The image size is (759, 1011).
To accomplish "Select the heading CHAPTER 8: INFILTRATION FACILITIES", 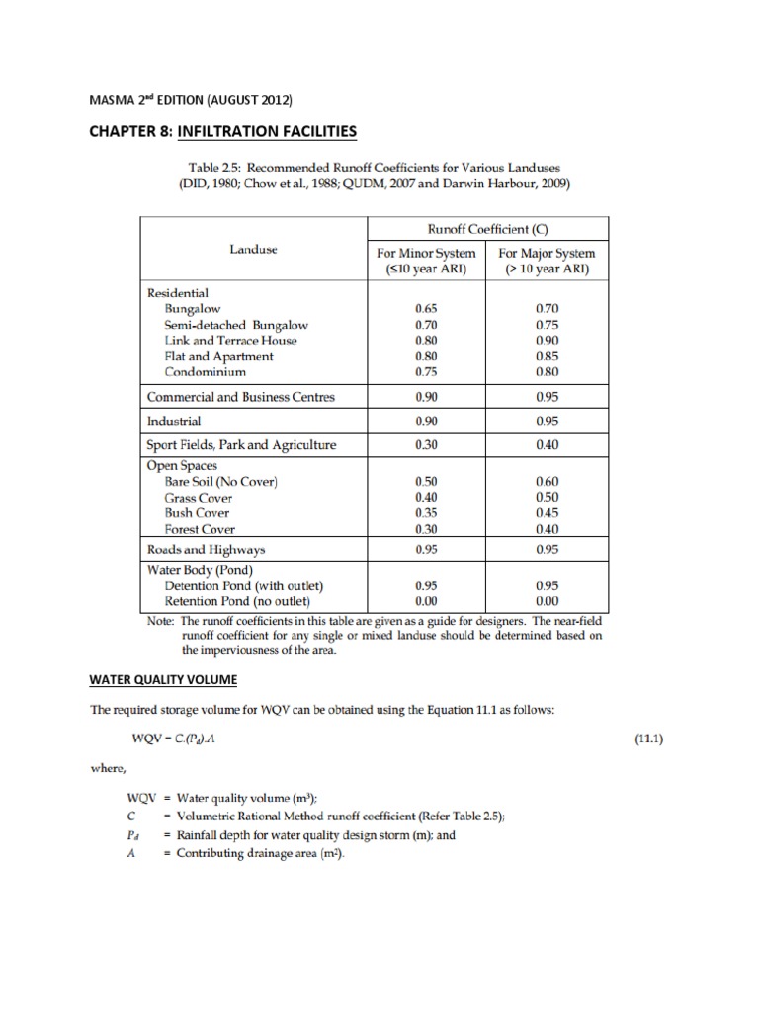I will pos(223,130).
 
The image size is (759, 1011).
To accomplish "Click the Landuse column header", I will pos(254,250).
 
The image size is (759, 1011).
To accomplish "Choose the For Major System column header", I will pos(546,261).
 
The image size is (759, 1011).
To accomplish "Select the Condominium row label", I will pos(206,372).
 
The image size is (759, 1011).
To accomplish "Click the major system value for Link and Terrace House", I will pos(546,340).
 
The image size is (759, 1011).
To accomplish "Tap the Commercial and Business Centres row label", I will pos(240,397).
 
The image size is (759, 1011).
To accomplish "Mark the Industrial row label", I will pos(174,421).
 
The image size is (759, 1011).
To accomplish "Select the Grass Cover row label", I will pos(199,498).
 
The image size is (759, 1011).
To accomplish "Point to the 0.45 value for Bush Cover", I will pos(546,513).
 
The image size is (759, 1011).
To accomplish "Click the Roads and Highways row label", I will pos(206,549).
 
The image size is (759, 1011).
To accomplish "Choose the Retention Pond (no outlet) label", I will pos(238,601).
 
